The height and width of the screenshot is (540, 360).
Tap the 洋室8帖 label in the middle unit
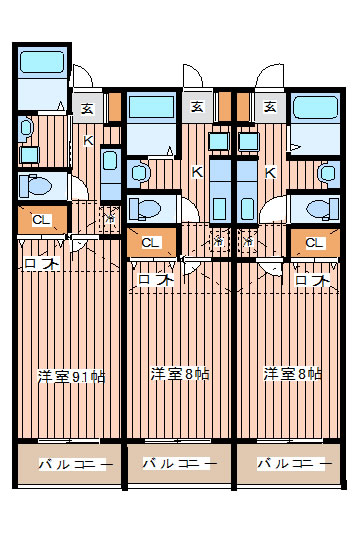click(180, 374)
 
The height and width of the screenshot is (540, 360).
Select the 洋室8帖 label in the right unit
click(292, 374)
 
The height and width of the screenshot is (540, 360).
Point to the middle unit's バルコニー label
click(180, 464)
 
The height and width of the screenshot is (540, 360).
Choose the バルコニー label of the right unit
click(292, 464)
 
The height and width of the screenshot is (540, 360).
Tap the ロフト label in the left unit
click(41, 264)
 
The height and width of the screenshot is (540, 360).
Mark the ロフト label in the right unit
click(313, 281)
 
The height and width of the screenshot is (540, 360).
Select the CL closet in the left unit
click(41, 219)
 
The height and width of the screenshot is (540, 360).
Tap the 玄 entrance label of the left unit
click(89, 108)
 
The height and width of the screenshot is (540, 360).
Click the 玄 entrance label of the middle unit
click(198, 106)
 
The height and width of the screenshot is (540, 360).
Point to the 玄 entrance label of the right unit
click(270, 106)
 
